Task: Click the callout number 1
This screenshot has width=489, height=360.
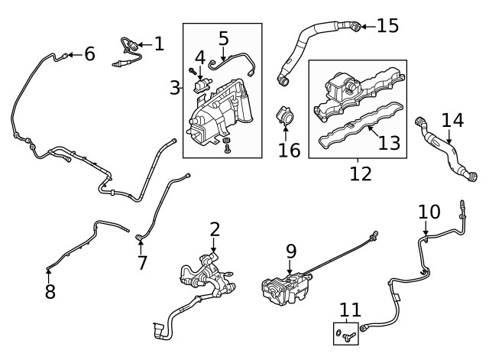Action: [159, 44]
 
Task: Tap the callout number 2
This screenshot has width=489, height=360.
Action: [215, 229]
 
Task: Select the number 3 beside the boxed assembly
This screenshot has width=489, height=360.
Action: [175, 88]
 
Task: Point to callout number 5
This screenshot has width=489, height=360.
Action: [223, 37]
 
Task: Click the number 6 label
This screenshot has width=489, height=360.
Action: [89, 54]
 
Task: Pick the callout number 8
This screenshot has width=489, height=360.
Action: [50, 292]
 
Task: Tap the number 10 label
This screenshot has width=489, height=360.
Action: [429, 212]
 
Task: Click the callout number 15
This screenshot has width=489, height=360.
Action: [387, 26]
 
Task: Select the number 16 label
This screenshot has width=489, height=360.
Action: [290, 148]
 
